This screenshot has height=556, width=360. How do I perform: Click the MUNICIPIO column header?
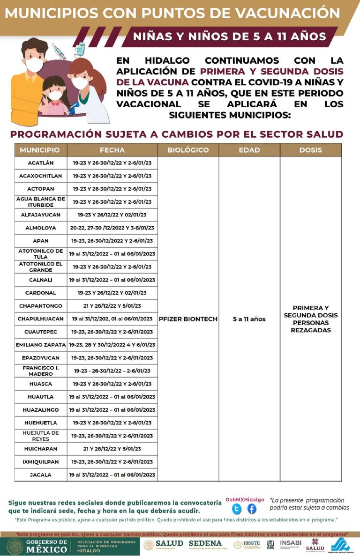pyautogui.click(x=40, y=150)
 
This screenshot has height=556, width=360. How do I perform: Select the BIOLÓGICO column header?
pyautogui.click(x=188, y=150)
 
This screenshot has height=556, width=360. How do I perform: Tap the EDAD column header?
pyautogui.click(x=249, y=150)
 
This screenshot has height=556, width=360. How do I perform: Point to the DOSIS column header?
pyautogui.click(x=311, y=150)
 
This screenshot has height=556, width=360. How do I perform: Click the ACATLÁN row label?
pyautogui.click(x=41, y=163)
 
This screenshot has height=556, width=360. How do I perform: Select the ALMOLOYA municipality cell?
pyautogui.click(x=41, y=228)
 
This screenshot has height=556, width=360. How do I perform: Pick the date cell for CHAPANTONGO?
pyautogui.click(x=112, y=306)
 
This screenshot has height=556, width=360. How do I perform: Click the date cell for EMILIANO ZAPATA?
pyautogui.click(x=112, y=345)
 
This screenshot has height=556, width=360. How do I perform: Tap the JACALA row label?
pyautogui.click(x=41, y=475)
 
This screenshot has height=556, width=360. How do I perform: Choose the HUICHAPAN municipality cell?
pyautogui.click(x=41, y=449)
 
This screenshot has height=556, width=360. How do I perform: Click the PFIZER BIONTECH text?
pyautogui.click(x=188, y=319)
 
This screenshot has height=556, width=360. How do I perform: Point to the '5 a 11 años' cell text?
pyautogui.click(x=249, y=319)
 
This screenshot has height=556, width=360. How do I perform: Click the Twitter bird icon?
pyautogui.click(x=237, y=509)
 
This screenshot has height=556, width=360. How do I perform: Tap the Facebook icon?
pyautogui.click(x=252, y=509)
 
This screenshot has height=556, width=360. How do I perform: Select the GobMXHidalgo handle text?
pyautogui.click(x=245, y=499)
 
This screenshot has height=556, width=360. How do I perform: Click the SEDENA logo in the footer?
pyautogui.click(x=205, y=544)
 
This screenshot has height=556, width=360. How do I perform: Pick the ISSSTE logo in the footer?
pyautogui.click(x=245, y=545)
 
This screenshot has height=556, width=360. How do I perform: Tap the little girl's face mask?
pyautogui.click(x=56, y=95)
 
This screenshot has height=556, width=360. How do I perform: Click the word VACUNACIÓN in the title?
pyautogui.click(x=287, y=13)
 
